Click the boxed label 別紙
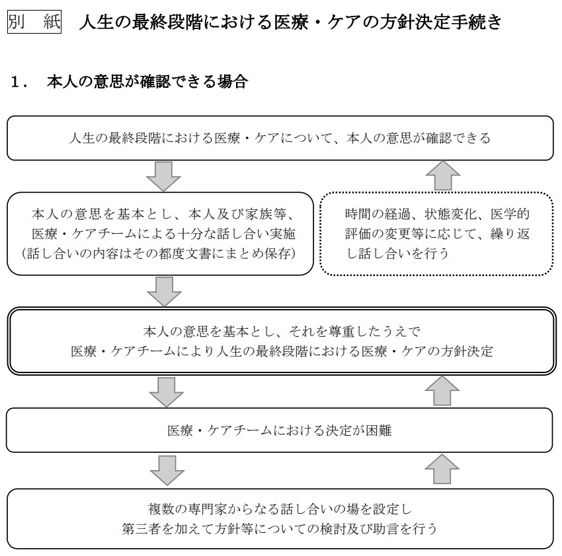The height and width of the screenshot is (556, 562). click(34, 22)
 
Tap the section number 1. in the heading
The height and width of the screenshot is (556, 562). click(20, 82)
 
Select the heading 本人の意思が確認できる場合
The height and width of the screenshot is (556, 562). click(147, 82)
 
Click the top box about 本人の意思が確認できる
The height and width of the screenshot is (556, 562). click(280, 138)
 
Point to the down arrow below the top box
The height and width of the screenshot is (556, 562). click(163, 176)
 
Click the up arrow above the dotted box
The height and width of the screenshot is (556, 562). click(443, 176)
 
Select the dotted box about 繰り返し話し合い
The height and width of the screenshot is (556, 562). click(436, 234)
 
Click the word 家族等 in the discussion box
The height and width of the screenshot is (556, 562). click(266, 214)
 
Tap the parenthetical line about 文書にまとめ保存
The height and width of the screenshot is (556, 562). click(159, 254)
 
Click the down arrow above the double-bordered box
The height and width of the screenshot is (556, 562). click(165, 292)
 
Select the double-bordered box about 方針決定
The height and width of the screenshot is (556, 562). click(282, 341)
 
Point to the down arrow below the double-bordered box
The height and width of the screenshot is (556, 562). click(167, 392)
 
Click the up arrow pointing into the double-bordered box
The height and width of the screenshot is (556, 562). click(442, 391)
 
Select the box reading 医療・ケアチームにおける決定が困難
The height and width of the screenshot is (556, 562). click(280, 430)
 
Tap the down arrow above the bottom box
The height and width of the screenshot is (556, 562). click(167, 470)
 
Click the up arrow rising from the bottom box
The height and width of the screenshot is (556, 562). click(442, 469)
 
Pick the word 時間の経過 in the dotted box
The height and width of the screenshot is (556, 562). click(378, 214)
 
